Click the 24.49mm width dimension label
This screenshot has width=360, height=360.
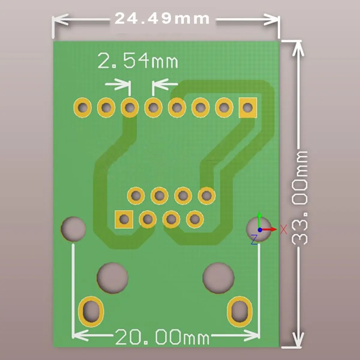click(x=162, y=18)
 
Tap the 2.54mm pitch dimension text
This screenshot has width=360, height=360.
click(x=138, y=60)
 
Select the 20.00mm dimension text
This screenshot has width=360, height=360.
click(x=162, y=337)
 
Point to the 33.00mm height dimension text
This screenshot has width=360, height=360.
click(x=299, y=198)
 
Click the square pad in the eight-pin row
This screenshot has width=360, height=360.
click(x=248, y=108)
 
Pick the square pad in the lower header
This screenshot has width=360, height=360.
click(x=124, y=219)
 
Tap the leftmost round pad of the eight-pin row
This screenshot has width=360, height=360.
click(x=82, y=108)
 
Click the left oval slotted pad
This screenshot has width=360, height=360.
click(x=91, y=312)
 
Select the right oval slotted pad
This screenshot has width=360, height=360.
click(x=240, y=312)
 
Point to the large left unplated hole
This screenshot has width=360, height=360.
click(x=112, y=278)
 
